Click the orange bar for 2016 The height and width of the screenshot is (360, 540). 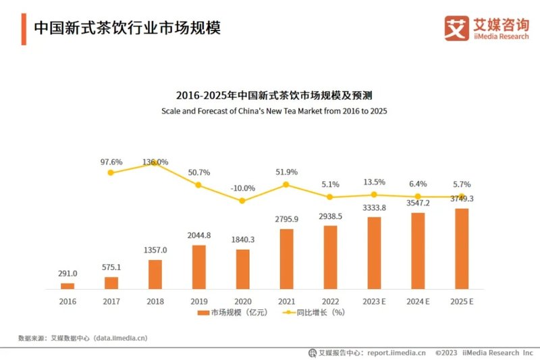67,286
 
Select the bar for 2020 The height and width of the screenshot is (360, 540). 242,269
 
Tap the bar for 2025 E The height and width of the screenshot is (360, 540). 462,249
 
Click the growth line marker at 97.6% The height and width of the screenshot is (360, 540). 111,173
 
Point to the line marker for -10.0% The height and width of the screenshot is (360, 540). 242,201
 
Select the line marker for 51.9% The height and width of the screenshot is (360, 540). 286,184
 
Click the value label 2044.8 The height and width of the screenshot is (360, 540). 198,236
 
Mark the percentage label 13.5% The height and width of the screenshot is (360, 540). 373,182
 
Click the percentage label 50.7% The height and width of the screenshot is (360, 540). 198,172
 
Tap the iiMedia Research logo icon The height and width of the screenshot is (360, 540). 456,26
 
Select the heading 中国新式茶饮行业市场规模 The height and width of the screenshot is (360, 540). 128,28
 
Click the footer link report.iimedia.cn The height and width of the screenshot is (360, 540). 395,353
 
